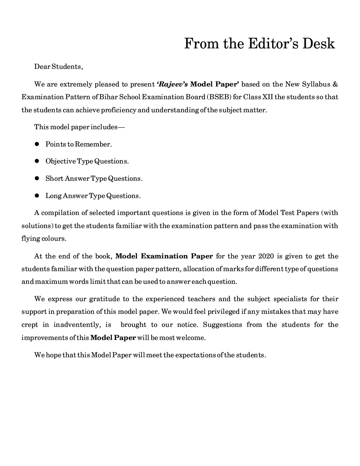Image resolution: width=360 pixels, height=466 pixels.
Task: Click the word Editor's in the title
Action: (270, 44)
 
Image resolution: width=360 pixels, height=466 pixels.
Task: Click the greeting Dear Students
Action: (58, 66)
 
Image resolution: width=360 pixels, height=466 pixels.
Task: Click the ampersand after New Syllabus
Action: (335, 84)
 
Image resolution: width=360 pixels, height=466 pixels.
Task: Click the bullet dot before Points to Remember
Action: (36, 144)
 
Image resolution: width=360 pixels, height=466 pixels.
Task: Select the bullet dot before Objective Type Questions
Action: (36, 161)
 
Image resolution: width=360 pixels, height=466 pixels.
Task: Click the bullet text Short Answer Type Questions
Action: (94, 179)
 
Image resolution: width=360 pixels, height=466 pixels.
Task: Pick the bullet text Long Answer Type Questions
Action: (93, 196)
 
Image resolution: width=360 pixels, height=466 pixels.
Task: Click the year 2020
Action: (266, 256)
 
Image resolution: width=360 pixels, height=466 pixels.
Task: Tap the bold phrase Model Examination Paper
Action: (164, 256)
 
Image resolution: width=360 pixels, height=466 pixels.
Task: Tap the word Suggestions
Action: (222, 325)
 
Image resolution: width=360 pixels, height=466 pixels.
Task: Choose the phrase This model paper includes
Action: (79, 127)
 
